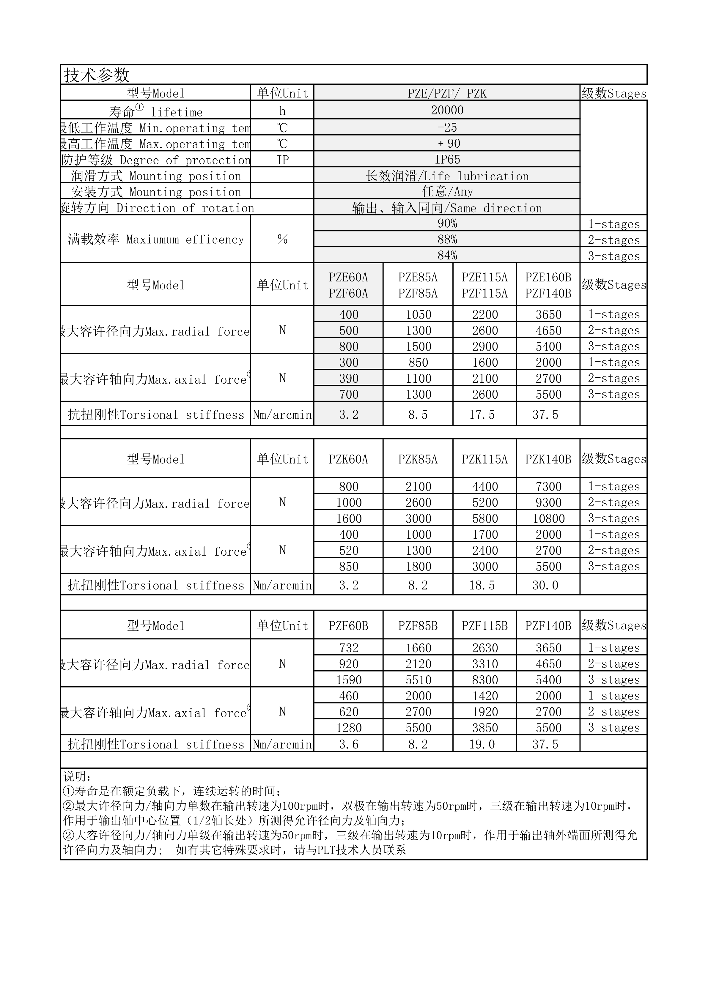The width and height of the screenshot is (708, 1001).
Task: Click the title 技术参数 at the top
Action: (97, 75)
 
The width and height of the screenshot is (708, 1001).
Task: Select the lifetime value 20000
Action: (447, 110)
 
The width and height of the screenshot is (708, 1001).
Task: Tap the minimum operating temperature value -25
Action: (447, 127)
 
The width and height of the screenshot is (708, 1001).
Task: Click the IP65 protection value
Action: (447, 160)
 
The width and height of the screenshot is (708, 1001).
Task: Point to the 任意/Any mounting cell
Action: (447, 191)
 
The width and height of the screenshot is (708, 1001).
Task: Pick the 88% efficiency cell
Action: (447, 239)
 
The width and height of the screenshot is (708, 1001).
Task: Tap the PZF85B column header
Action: (418, 626)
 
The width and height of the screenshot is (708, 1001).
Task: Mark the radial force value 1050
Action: (418, 314)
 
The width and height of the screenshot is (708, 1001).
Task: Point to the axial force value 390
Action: (349, 379)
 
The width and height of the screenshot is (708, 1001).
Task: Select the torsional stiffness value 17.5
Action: (482, 414)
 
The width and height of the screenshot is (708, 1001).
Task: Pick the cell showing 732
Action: (349, 648)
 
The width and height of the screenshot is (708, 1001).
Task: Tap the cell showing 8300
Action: (485, 680)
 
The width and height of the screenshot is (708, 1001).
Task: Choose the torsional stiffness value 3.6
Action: (349, 744)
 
